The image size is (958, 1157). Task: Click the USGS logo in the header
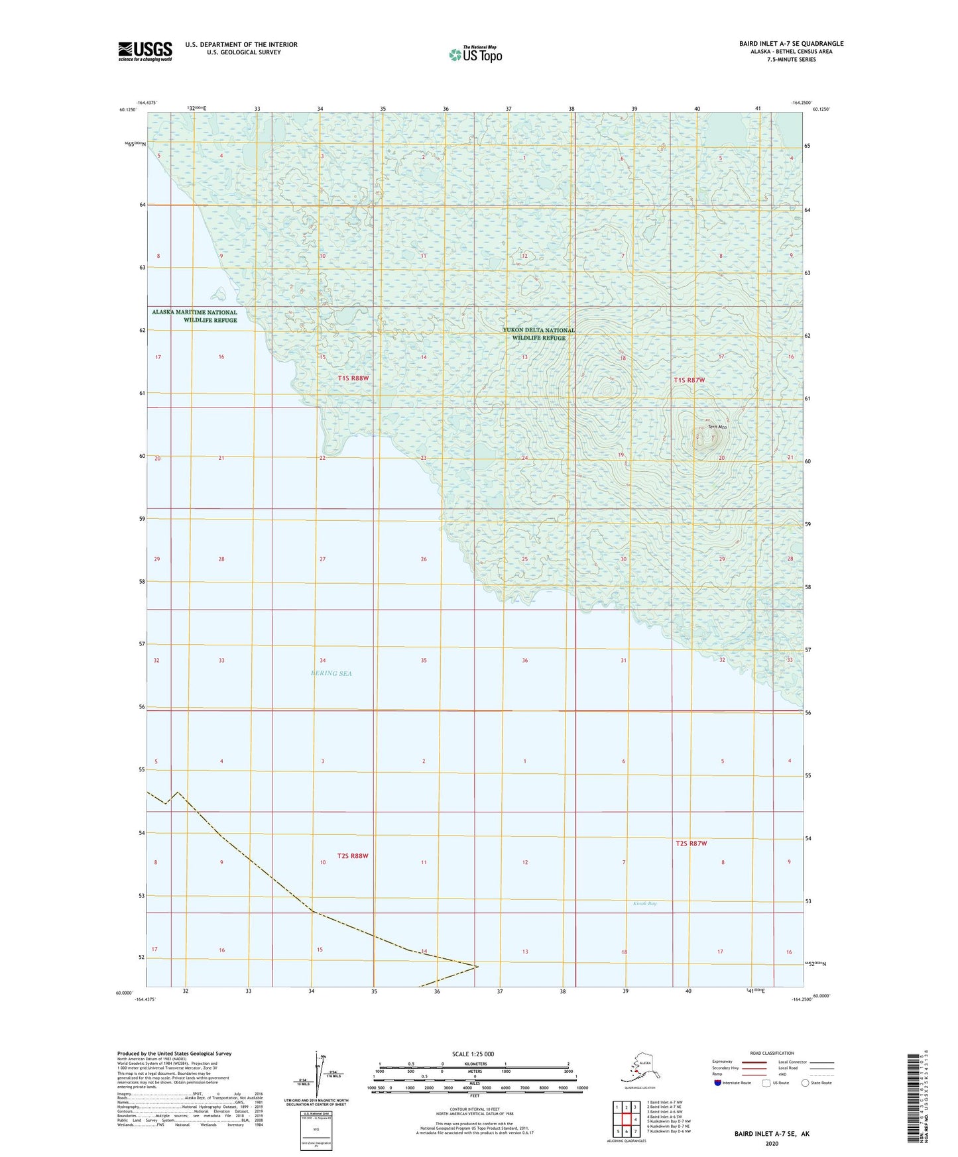pos(145,51)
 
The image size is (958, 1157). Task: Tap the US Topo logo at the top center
pos(475,54)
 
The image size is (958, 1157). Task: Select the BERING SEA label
pos(331,673)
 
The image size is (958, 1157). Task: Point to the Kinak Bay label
pos(644,903)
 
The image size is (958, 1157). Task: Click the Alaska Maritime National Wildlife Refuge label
pos(194,316)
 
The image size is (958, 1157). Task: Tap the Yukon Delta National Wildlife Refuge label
pos(538,334)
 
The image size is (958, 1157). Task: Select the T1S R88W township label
pos(353,378)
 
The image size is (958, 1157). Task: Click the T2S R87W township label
pos(691,844)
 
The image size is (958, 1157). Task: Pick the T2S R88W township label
pos(352,856)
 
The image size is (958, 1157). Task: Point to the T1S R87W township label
pos(689,380)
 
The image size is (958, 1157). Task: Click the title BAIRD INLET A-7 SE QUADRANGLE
pos(792,44)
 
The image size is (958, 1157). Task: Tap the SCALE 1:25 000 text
pos(473,1054)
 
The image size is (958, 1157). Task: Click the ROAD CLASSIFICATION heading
pos(772,1053)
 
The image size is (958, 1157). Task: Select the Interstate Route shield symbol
pos(718,1083)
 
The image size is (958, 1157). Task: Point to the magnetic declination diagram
pos(316,1075)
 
